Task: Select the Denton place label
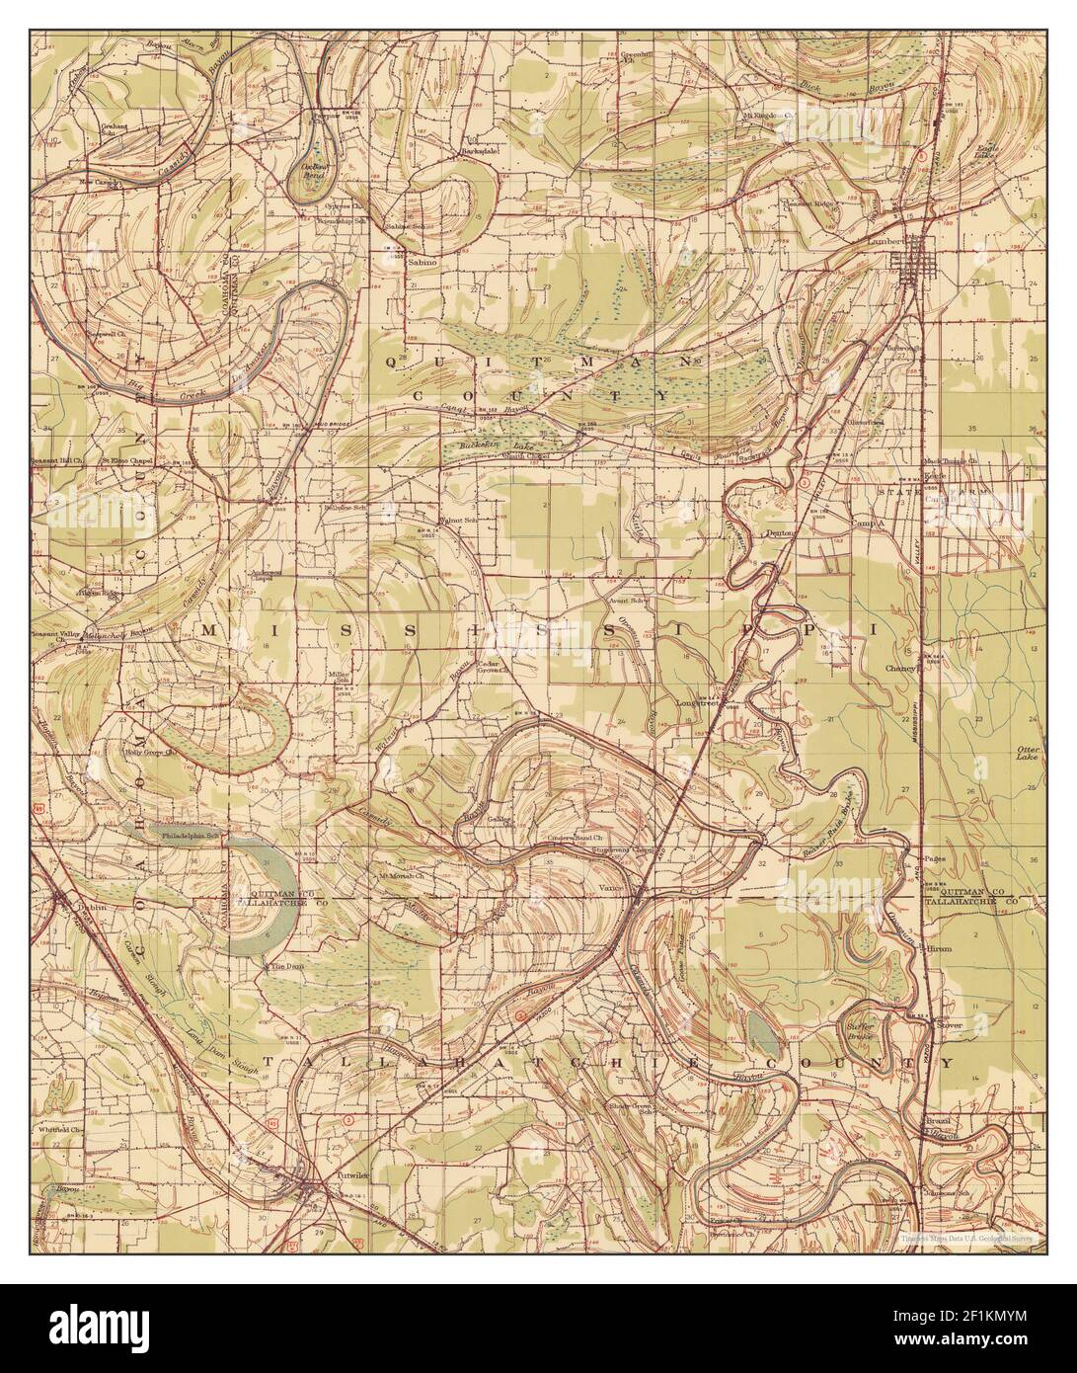pos(781,531)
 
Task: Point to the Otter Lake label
pos(1029,756)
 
